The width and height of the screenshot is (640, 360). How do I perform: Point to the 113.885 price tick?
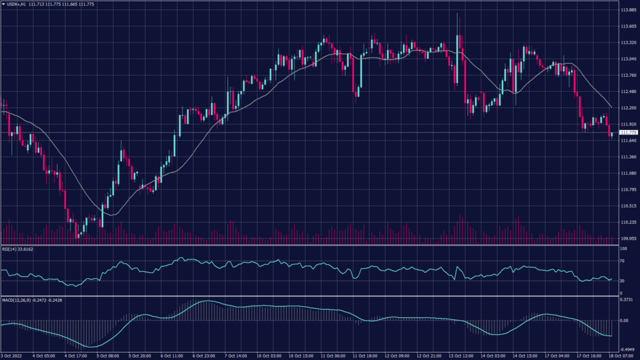pos(627,10)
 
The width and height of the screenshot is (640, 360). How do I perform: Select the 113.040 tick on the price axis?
pos(627,59)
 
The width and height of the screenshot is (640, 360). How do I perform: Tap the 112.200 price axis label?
pos(627,107)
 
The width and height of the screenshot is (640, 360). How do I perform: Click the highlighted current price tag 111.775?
pos(627,132)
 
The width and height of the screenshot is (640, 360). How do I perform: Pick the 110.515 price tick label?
pos(627,206)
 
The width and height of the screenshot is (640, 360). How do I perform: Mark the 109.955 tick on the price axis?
pos(627,238)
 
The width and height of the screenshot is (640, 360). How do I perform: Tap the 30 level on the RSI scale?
pos(622,281)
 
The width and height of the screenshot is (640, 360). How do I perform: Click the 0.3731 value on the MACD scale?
pos(626,299)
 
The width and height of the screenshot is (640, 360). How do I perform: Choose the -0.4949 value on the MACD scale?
pos(627,349)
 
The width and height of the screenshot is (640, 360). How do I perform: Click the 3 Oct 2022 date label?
pos(12,356)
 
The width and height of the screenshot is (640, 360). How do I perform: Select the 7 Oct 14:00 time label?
pos(235,356)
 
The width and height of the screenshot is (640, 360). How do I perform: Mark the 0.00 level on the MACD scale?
pos(624,321)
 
